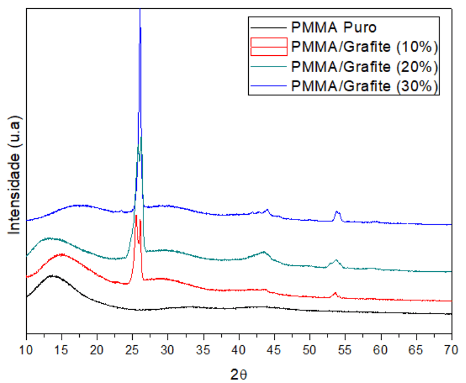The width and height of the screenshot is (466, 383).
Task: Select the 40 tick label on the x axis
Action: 239,349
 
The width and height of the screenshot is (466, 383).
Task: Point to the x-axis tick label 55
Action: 345,349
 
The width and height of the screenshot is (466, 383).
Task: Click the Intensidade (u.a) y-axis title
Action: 15,175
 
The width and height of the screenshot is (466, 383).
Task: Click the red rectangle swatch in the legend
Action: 269,46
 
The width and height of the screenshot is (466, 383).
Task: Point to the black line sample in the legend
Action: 269,27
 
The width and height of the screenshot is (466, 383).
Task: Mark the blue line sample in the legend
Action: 269,86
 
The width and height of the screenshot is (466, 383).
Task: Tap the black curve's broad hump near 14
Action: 52,276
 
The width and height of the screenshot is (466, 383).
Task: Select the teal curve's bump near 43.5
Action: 264,252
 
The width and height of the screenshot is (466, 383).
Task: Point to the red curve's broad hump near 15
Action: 61,254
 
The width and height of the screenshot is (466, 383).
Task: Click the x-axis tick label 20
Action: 97,349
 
